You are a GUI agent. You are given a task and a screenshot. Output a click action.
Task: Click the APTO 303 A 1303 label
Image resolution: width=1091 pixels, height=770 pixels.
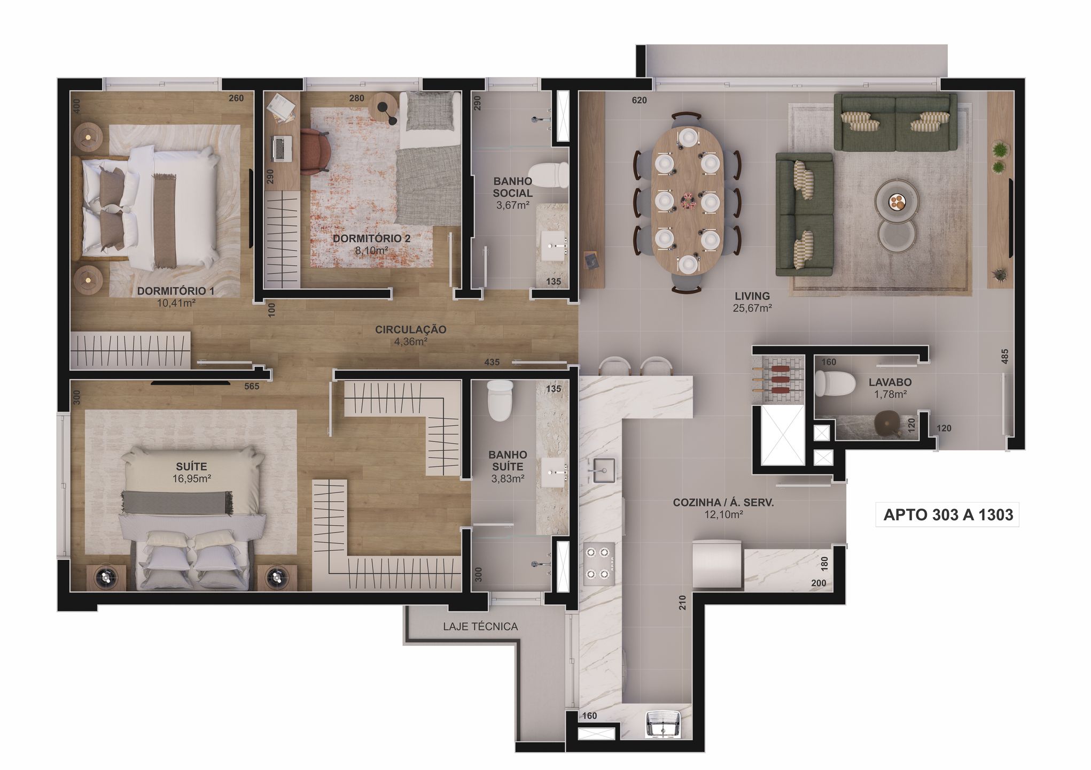(948, 514)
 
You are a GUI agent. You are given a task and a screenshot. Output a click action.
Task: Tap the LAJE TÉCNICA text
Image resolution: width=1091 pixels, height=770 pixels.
(480, 626)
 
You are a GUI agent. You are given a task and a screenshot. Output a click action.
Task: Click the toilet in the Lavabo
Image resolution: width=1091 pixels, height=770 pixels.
(832, 384)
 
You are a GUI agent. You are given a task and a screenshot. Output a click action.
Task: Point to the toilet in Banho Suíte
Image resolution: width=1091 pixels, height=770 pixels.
(501, 401)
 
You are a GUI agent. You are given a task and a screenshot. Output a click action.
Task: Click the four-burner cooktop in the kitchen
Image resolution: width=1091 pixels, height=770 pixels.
(598, 561)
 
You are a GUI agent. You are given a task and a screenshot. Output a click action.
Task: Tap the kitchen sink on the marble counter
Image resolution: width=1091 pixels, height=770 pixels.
(601, 471)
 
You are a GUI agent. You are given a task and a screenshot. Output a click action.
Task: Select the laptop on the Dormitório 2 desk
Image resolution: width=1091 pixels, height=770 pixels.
(281, 148)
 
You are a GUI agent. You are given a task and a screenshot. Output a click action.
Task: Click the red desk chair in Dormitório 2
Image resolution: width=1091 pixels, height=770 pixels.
(315, 151)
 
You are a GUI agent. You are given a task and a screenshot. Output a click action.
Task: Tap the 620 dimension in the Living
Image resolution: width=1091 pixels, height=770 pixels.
(639, 100)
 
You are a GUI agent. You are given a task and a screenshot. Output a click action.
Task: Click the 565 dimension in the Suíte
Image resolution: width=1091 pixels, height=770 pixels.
(252, 386)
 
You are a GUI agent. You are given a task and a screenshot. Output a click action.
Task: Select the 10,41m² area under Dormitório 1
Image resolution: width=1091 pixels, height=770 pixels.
(176, 303)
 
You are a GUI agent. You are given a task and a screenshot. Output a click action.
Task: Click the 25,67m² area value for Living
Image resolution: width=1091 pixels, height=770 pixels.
(752, 308)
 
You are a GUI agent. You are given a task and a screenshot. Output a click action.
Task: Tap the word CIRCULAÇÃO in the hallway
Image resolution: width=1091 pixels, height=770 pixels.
(410, 329)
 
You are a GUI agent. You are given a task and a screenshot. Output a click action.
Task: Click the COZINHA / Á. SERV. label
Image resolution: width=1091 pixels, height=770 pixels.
(723, 503)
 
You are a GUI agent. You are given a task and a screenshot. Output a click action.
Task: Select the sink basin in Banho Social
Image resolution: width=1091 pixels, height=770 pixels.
(556, 247)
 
